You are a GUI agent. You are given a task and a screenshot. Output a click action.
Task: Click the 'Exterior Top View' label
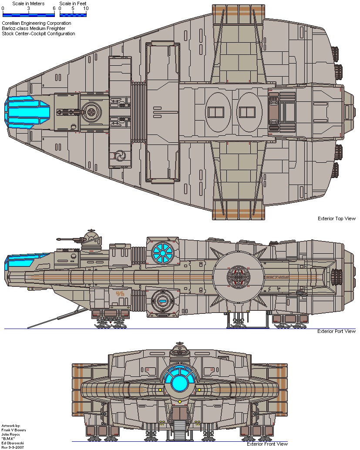(336, 218)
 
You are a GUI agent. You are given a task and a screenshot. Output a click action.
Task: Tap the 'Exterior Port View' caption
(336, 331)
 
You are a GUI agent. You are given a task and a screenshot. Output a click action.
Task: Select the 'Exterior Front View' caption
(267, 444)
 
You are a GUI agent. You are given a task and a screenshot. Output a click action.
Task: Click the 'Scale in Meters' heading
(28, 3)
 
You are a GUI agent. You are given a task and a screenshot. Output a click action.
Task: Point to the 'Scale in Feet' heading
(74, 3)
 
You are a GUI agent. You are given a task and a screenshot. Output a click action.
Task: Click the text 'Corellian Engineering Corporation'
(37, 23)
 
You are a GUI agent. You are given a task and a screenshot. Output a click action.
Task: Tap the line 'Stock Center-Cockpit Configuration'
(38, 34)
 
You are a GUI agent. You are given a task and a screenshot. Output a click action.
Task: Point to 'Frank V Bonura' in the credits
(14, 430)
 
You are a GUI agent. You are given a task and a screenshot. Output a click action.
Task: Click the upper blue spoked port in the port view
(163, 252)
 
